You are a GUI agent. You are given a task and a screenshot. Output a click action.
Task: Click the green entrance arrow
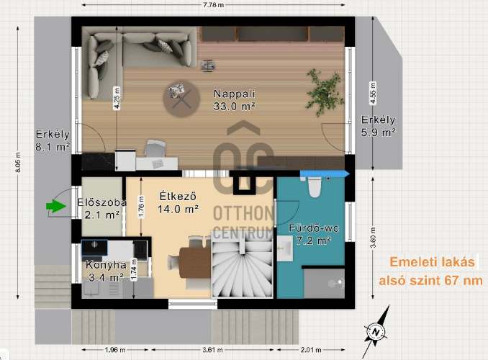point(56,206)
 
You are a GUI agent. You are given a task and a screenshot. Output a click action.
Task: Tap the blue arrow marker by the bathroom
point(325,174)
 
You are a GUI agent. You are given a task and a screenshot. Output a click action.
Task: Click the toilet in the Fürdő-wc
point(315,187)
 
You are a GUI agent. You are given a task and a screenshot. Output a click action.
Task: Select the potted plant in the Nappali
point(324,92)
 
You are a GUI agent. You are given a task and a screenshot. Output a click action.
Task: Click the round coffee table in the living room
point(181,99)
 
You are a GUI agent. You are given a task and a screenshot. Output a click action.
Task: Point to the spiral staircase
point(242,265)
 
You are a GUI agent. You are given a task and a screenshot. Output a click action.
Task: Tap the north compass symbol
point(376,332)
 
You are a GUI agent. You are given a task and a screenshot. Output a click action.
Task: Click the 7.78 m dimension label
point(213,5)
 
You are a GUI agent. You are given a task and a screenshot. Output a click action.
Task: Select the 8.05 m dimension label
point(18,162)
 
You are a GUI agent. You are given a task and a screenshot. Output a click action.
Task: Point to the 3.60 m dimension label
point(373,238)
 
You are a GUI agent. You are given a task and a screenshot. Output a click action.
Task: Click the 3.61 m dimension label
point(212,350)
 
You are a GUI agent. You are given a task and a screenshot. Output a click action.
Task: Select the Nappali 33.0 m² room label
point(235,100)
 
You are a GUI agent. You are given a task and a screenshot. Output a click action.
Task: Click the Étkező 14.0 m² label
point(178,203)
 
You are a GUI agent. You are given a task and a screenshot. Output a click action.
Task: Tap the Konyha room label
point(106,265)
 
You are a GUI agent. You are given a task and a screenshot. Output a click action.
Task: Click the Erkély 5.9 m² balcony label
point(378,126)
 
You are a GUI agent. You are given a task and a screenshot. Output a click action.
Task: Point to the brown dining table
point(195,263)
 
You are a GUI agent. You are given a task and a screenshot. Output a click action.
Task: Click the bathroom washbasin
point(284,248)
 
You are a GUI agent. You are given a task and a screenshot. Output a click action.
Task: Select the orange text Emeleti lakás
point(432,262)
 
